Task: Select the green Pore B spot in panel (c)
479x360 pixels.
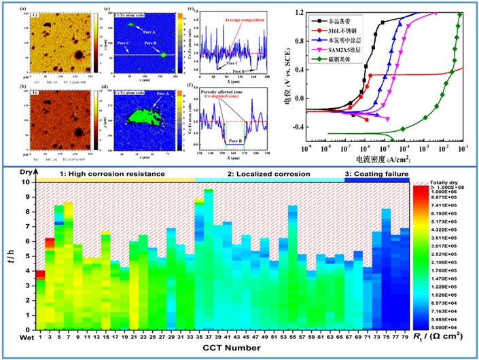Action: pos(165,56)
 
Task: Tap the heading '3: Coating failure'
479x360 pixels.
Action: pos(376,175)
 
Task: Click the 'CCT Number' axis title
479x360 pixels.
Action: pos(216,347)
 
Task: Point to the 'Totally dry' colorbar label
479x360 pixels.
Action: pos(444,179)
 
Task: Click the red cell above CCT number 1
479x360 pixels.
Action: pos(40,274)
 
